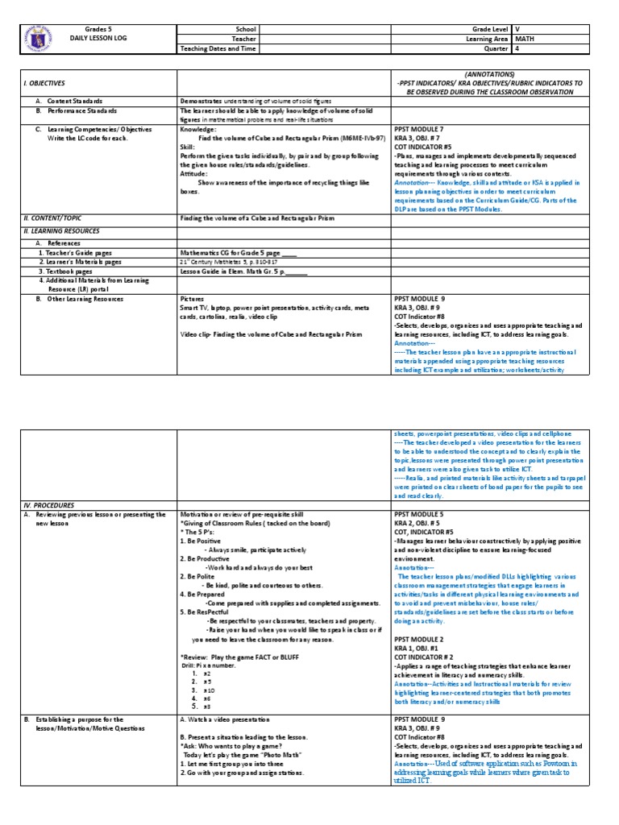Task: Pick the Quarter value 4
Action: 517,48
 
